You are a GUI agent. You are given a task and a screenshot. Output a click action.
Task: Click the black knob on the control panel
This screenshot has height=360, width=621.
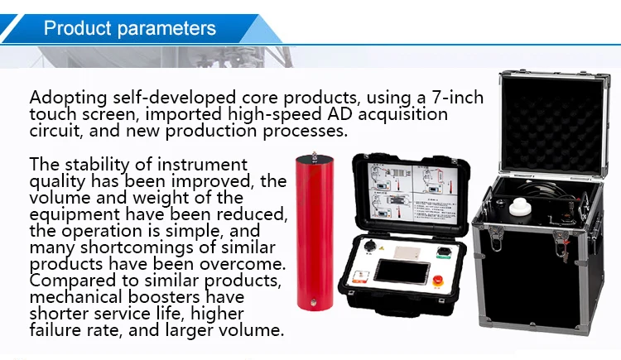[x=370, y=245]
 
